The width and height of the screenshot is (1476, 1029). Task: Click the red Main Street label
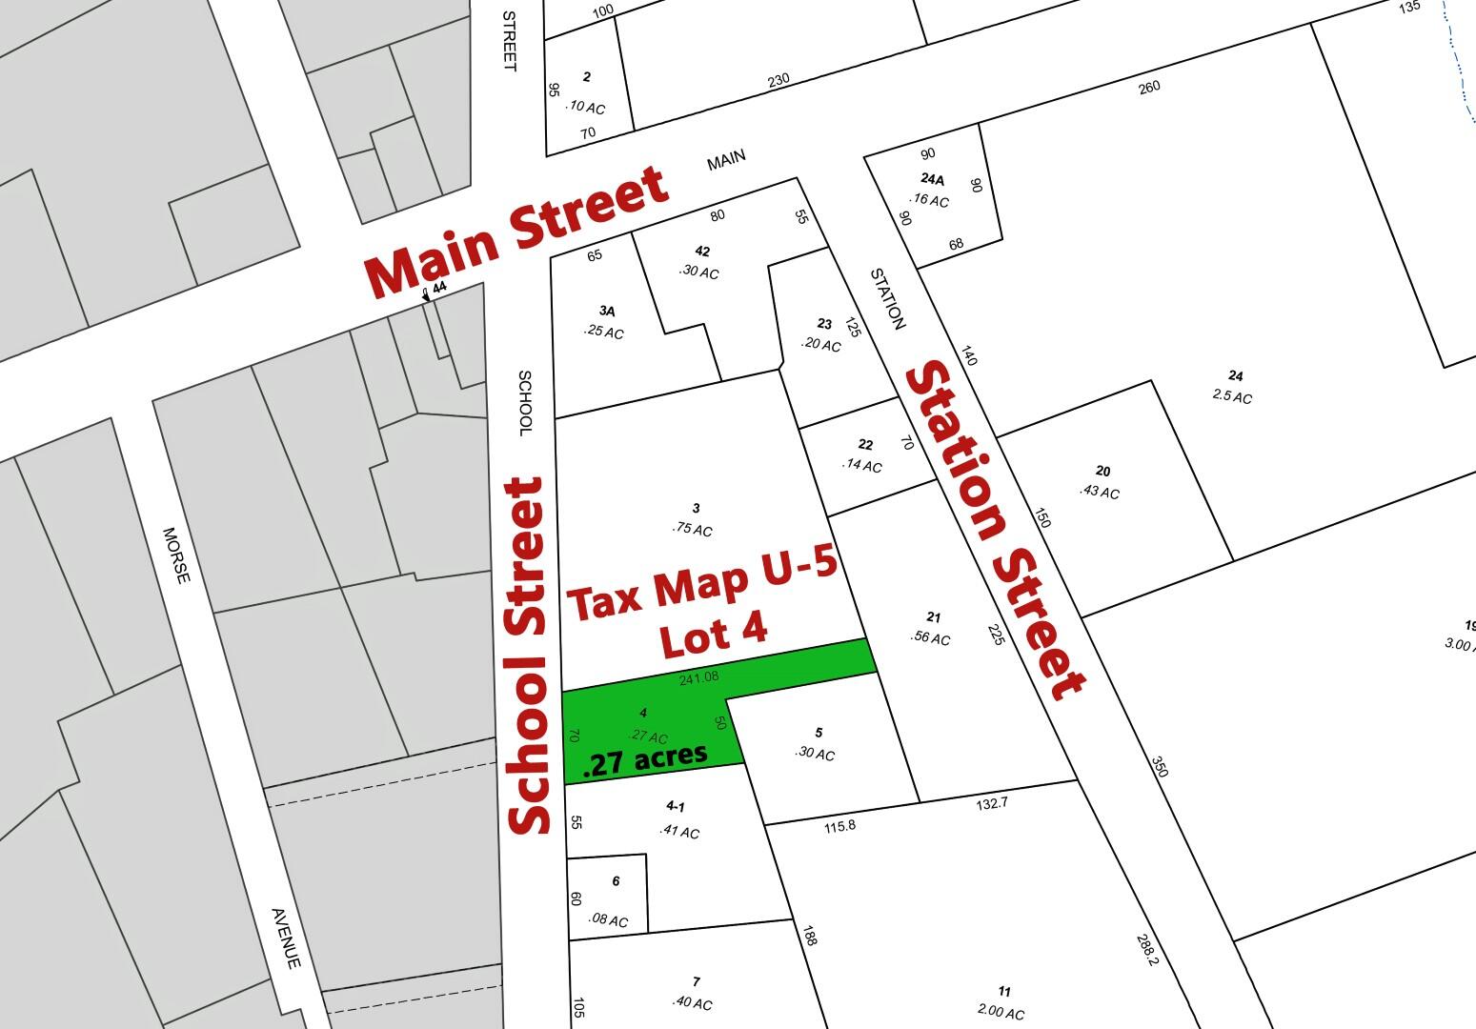516,232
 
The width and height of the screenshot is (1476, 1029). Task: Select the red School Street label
528,656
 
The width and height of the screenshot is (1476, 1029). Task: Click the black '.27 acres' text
644,759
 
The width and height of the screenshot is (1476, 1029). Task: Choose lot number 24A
932,178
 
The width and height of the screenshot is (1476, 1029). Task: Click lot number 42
702,252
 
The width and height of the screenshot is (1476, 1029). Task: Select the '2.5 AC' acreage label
1231,396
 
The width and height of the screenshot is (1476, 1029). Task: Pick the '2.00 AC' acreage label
1001,1012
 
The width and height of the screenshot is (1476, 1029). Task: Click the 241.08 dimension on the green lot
698,678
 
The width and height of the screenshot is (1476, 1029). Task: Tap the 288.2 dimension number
1146,949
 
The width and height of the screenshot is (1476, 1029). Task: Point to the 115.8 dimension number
839,826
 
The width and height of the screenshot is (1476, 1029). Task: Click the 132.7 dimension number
991,804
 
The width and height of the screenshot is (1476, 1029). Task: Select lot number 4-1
676,807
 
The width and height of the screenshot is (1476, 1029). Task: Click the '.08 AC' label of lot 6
609,920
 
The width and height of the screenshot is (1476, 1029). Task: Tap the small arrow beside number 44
425,296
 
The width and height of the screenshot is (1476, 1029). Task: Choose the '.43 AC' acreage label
1099,492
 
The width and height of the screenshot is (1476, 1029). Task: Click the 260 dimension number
1149,88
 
